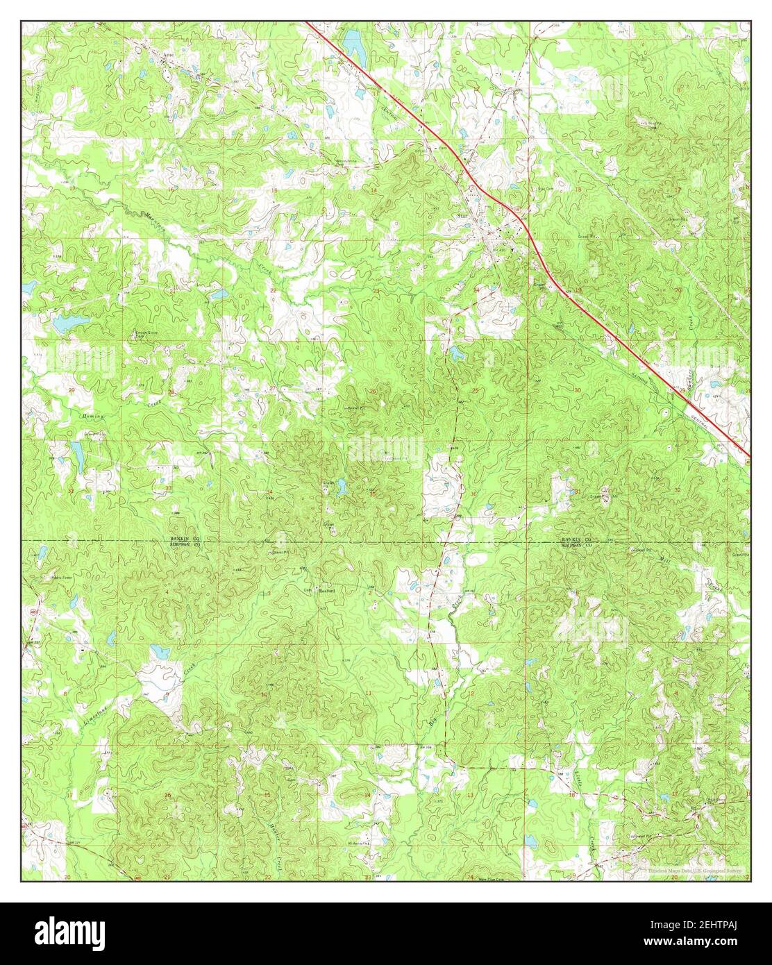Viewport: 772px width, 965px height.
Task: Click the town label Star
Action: click(x=464, y=216)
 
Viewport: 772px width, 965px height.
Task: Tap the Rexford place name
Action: click(x=326, y=591)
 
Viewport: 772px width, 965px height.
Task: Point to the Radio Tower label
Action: click(x=62, y=576)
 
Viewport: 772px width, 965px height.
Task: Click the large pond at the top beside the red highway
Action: click(x=355, y=45)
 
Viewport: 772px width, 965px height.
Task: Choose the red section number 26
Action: click(x=373, y=392)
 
